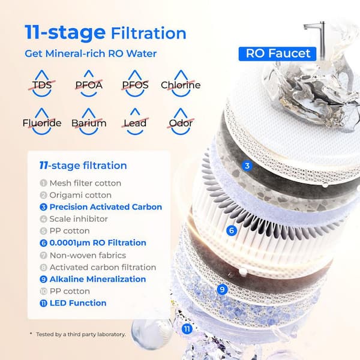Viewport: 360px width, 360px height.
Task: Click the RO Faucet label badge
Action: click(x=279, y=53)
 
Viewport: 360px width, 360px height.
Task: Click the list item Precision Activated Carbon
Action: click(x=100, y=207)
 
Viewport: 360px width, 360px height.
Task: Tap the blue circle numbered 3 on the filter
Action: click(x=246, y=166)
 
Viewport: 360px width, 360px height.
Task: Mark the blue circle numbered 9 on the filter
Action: click(x=222, y=289)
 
